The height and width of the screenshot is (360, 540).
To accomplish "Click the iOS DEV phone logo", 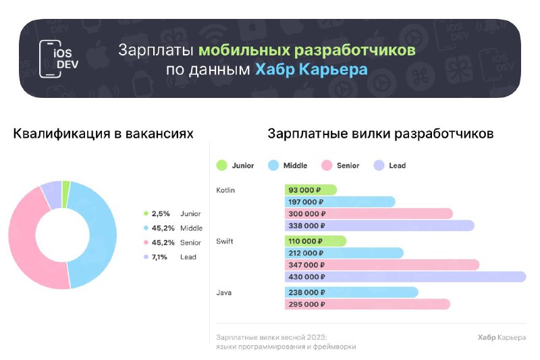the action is (59, 59).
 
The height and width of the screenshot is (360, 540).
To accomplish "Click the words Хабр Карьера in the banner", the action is (311, 70).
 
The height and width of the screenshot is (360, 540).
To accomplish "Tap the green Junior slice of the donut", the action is (66, 195).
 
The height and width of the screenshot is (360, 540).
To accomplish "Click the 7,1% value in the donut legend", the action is (159, 257).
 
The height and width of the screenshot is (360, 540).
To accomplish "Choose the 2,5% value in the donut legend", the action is (161, 213).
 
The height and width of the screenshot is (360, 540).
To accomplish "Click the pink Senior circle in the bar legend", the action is (327, 165).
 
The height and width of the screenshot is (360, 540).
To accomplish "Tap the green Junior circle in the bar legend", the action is (222, 165).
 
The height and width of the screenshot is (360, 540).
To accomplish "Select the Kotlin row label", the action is (225, 190).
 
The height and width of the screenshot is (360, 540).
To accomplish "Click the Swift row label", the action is (225, 241).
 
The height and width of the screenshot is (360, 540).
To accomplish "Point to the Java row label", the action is (224, 292).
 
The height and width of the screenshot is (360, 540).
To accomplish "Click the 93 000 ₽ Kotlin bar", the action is (310, 190).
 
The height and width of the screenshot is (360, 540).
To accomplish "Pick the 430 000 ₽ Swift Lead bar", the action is (406, 277).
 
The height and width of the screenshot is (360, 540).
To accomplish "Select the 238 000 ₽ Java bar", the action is (351, 292).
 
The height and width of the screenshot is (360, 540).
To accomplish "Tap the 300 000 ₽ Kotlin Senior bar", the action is (369, 213).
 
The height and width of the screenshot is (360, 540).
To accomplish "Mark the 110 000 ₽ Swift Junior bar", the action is (315, 241).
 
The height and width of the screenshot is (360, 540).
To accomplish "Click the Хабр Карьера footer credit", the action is (502, 337).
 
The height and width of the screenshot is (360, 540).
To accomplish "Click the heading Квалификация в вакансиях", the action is (103, 134).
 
